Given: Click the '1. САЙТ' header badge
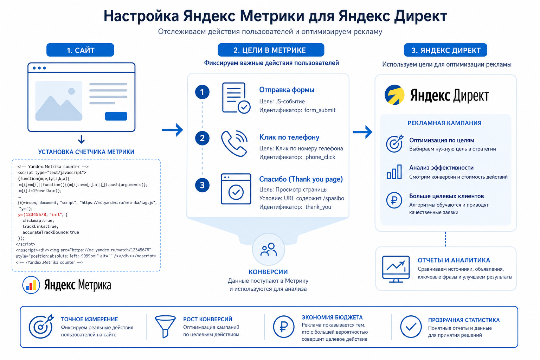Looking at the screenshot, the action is [x=80, y=50].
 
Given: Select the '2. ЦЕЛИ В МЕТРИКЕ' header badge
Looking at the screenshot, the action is [x=271, y=50].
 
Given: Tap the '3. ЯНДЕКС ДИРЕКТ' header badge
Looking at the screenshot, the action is [x=445, y=50].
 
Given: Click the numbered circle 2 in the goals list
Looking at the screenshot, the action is [x=202, y=138].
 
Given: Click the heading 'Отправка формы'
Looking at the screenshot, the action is [x=287, y=90].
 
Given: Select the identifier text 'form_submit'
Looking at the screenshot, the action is [x=320, y=110].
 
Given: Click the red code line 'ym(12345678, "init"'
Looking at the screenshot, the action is [x=40, y=214].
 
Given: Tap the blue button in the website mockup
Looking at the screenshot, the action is [x=116, y=116].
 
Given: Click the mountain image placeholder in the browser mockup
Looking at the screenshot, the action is [x=59, y=101].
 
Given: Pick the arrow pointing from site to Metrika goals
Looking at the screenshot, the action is [x=172, y=130].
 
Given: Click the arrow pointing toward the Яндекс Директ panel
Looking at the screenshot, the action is [x=362, y=132].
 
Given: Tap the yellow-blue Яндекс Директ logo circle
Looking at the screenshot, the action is [x=394, y=95].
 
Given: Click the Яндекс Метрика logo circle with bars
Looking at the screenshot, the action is [x=31, y=285].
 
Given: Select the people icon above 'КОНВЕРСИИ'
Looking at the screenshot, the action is [x=268, y=249].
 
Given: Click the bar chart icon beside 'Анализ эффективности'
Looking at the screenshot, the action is [x=394, y=172].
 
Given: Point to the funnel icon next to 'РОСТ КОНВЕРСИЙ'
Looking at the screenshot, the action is [x=165, y=327].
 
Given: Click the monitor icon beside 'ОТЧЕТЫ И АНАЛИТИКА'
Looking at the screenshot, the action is [x=396, y=269].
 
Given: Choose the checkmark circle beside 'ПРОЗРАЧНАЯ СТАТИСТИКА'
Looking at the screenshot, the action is [x=411, y=327].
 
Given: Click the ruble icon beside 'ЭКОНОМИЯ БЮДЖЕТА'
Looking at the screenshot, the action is [x=283, y=327].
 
